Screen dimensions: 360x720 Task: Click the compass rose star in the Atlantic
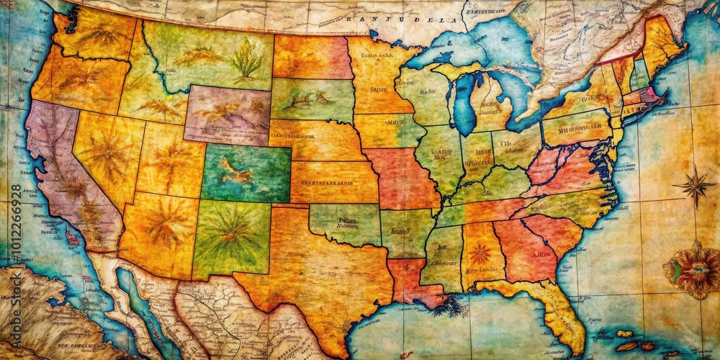tap(695, 185)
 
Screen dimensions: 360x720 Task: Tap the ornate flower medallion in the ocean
tap(695, 271)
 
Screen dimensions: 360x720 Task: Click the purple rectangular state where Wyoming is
tap(227, 115)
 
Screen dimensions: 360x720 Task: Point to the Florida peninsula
tap(562, 317)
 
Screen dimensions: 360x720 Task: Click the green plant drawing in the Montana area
tap(246, 59)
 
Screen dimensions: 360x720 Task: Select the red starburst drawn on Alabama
tap(480, 253)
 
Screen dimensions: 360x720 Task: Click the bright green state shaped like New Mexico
tap(230, 238)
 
